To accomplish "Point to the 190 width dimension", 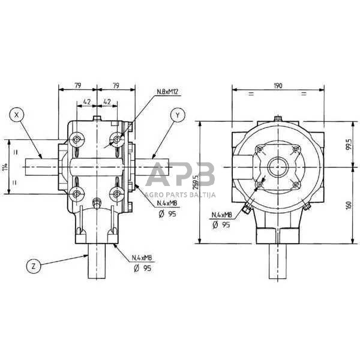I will tap(278, 86).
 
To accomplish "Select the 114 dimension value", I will tap(5, 167).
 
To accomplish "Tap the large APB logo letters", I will tap(180, 176).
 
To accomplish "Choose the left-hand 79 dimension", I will tap(77, 86).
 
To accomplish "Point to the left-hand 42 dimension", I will tap(86, 102).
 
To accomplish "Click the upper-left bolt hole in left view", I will tap(76, 140).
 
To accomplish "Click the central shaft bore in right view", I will tap(278, 166).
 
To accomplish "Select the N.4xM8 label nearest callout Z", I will tap(141, 259).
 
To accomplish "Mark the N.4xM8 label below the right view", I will tap(223, 215).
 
